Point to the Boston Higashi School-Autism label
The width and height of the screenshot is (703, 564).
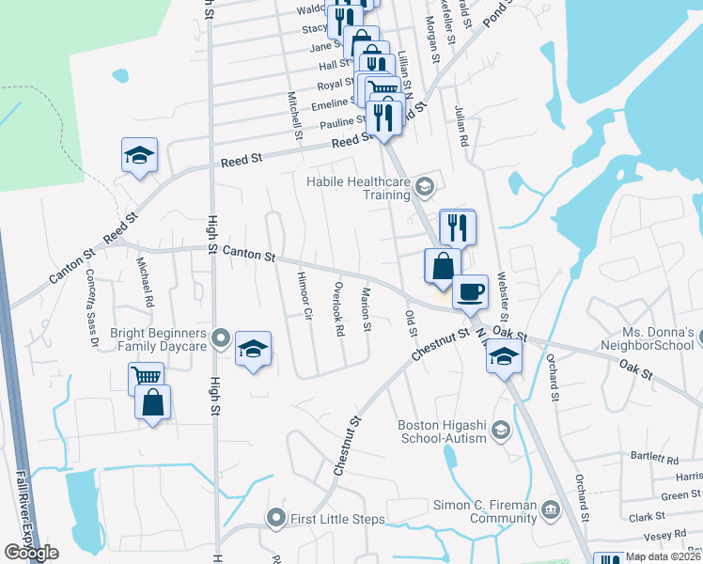(x=442, y=431)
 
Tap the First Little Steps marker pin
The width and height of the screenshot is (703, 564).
(x=275, y=517)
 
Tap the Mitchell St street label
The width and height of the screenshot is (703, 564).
(x=294, y=116)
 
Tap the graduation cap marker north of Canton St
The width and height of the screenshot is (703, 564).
(x=139, y=155)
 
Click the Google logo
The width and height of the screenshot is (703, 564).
(x=30, y=553)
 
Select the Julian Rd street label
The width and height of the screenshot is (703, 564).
(x=461, y=129)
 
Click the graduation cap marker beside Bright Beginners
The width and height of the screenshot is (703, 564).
(x=253, y=350)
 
